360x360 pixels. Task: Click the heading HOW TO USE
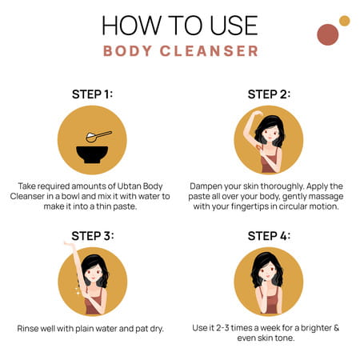[180, 26]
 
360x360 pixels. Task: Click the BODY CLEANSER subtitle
[180, 52]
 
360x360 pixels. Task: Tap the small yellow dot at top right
[344, 21]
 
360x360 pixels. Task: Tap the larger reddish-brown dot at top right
[327, 34]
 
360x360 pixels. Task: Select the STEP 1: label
[92, 94]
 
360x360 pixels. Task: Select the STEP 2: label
[269, 94]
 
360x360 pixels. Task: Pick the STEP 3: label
[92, 235]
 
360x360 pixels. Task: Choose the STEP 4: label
[269, 235]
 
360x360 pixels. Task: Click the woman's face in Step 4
[268, 277]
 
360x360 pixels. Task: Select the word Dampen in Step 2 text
[212, 183]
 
